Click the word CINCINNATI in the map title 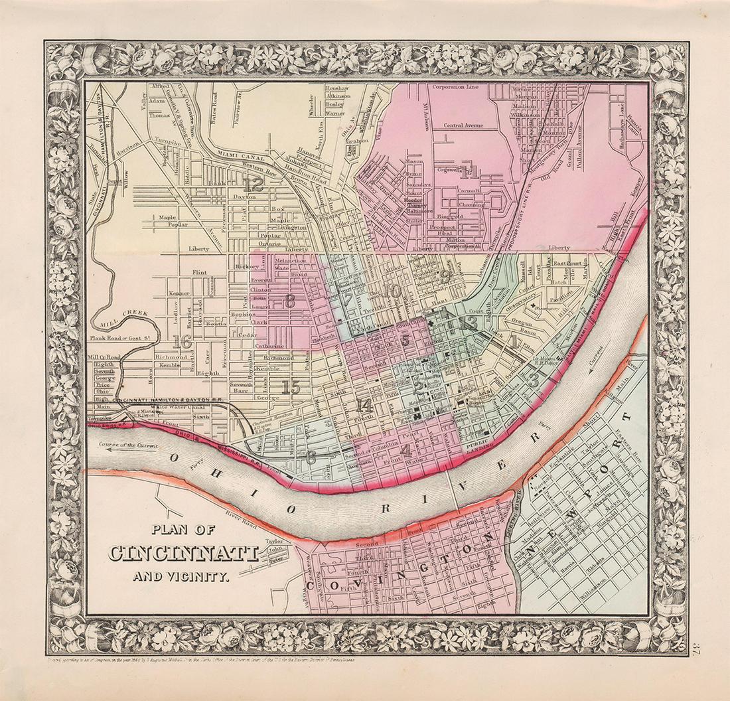click(184, 552)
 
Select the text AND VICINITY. click(181, 576)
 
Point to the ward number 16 click(181, 342)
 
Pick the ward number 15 click(290, 388)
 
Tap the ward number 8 click(289, 301)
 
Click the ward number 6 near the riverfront click(311, 457)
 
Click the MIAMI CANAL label click(242, 155)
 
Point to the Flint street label click(198, 272)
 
